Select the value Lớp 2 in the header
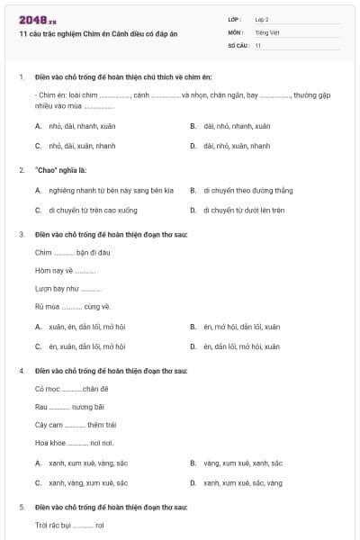pos(262,19)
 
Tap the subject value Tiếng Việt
pos(267,31)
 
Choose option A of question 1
pos(76,126)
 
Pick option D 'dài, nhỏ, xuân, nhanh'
pos(236,145)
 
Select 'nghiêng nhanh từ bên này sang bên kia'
pos(110,190)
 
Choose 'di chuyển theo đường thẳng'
pos(247,190)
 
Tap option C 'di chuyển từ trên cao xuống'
pos(93,210)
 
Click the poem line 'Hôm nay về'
pos(65,270)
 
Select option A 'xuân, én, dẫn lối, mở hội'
pos(85,327)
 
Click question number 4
pos(21,371)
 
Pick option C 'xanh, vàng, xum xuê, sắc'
pos(87,482)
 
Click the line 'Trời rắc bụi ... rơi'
pos(69,525)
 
